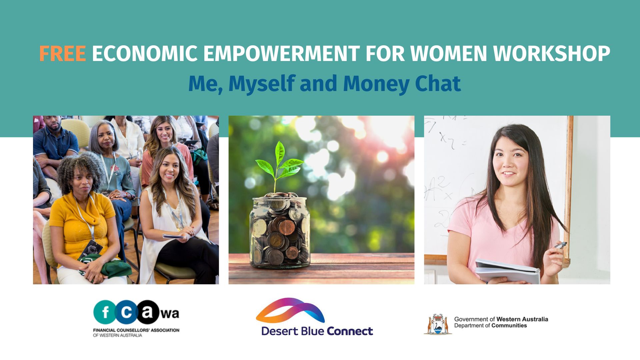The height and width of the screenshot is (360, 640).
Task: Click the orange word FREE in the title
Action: [62, 54]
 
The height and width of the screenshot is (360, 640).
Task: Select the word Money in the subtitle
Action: [376, 84]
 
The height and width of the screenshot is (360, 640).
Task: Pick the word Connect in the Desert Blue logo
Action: [350, 331]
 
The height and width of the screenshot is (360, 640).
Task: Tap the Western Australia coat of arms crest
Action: [437, 324]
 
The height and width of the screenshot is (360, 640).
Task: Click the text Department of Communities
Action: [490, 326]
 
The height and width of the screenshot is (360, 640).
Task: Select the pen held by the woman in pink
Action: [560, 245]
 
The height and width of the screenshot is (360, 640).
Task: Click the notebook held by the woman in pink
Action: [507, 270]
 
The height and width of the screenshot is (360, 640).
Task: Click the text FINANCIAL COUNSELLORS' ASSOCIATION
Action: [136, 330]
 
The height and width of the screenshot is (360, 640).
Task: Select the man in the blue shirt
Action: [55, 143]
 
